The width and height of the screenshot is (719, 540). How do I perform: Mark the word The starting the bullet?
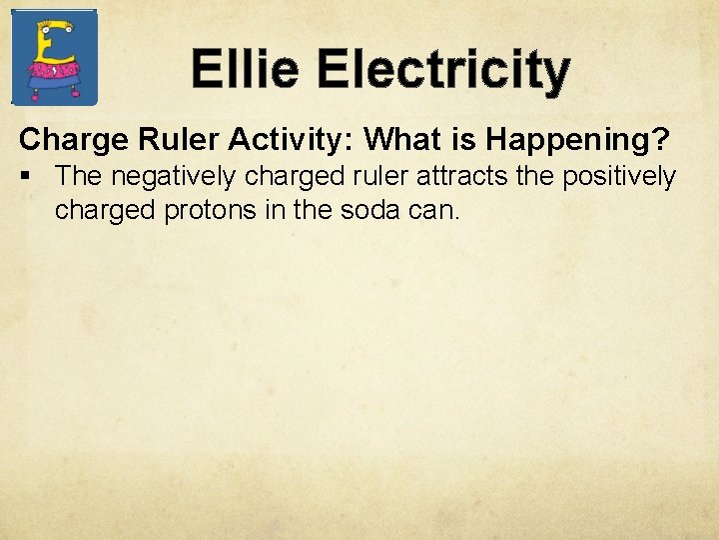tap(76, 177)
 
